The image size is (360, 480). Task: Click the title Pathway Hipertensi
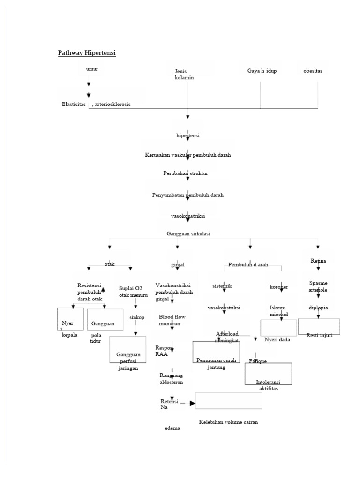87,53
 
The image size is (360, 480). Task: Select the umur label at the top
92,69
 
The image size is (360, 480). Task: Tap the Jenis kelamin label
184,75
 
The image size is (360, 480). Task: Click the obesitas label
313,71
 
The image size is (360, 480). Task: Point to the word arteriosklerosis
112,104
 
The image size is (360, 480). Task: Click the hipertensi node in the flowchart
187,135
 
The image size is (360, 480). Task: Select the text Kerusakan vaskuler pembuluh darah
187,154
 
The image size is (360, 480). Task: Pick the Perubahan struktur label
186,173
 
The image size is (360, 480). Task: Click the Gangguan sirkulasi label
187,233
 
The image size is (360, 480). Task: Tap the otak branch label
109,264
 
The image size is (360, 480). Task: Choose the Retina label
318,261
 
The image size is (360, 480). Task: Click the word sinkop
137,317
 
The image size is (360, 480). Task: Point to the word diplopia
318,308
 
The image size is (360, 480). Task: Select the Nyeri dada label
277,339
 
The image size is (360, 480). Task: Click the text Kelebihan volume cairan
228,422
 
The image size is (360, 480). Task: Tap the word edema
172,428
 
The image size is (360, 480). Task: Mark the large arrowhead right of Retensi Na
192,403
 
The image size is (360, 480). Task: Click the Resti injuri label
319,335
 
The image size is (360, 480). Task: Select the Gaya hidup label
262,71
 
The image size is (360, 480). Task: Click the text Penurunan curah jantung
216,364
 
